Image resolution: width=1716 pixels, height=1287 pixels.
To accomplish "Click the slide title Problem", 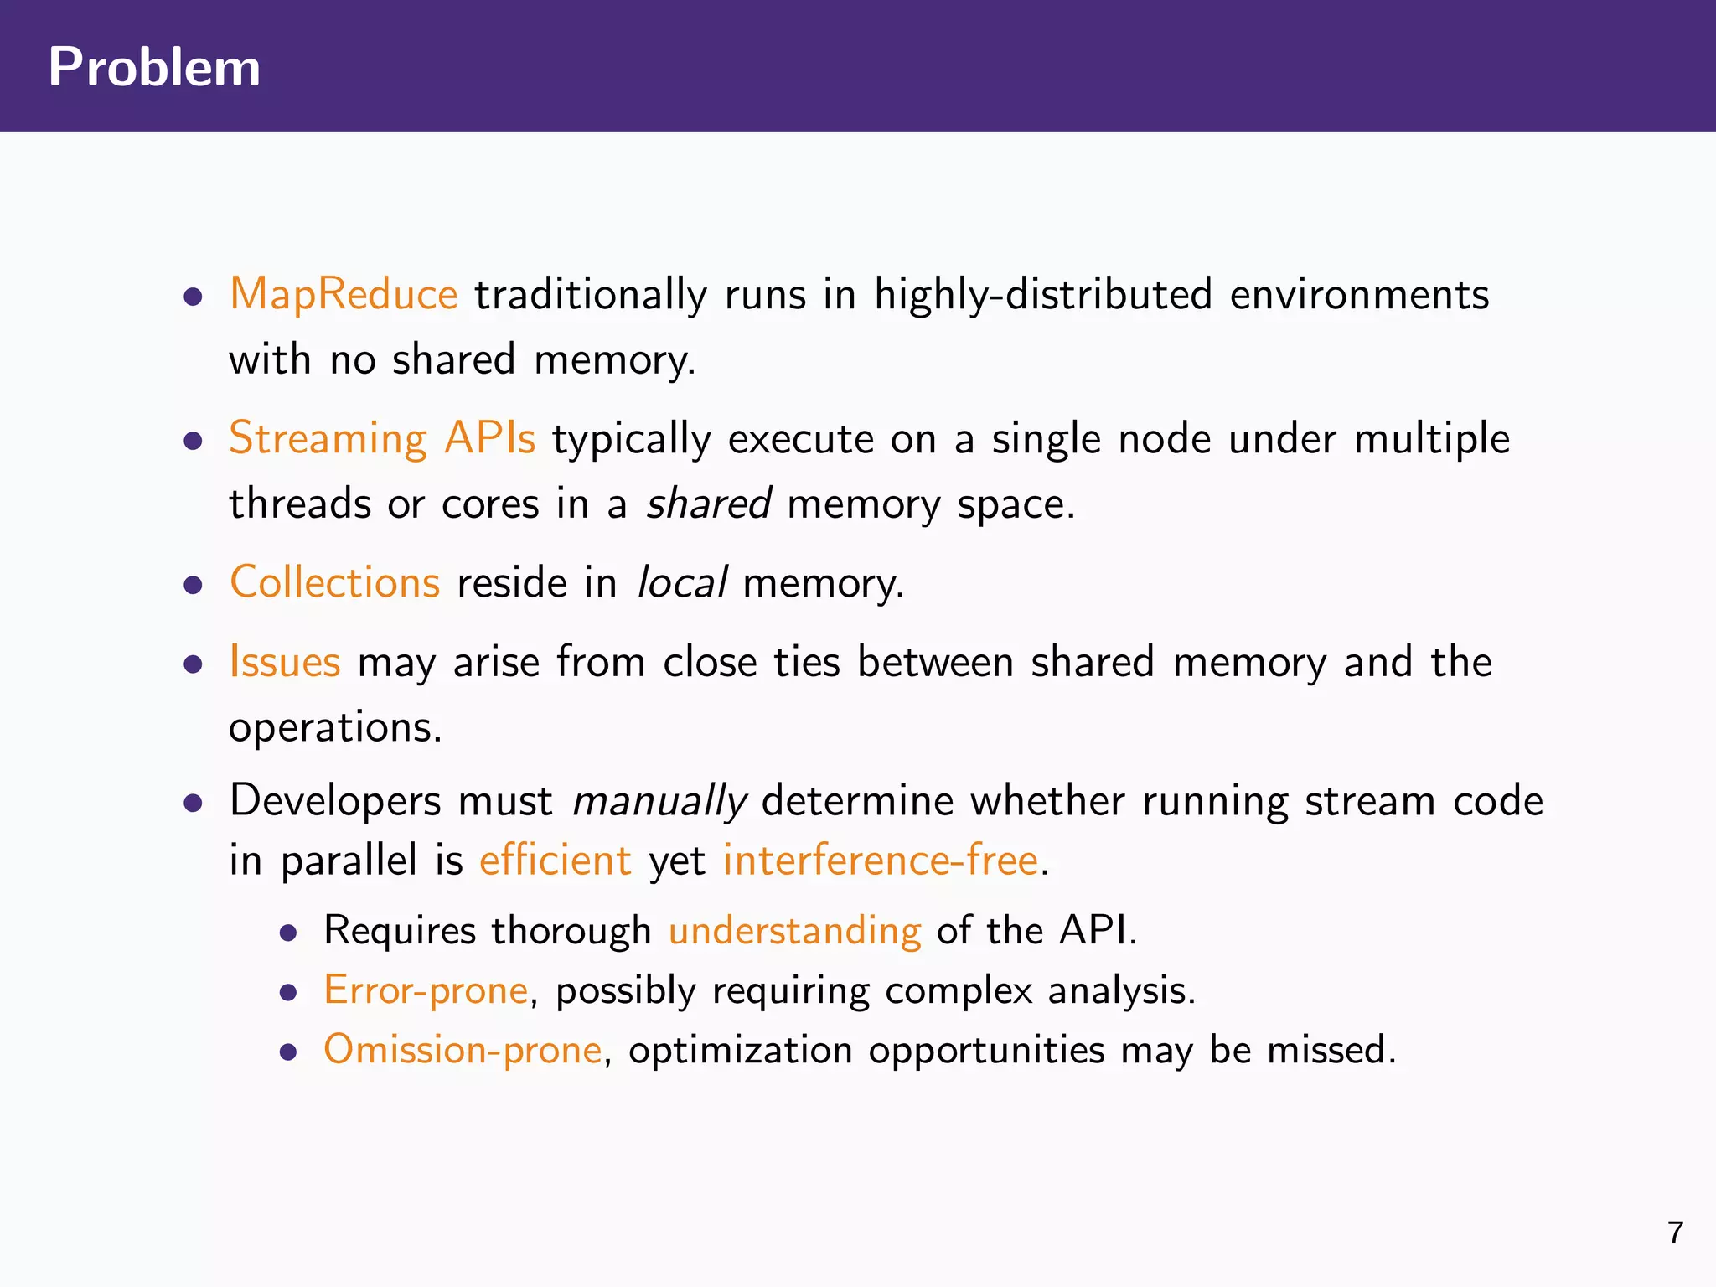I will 154,67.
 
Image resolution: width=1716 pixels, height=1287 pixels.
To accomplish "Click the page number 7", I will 1675,1233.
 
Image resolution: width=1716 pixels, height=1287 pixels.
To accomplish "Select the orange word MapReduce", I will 344,295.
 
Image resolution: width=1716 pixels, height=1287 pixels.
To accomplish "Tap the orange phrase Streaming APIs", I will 382,438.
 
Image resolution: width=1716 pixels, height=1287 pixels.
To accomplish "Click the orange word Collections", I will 334,582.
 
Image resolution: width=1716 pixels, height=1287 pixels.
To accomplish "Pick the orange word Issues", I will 285,662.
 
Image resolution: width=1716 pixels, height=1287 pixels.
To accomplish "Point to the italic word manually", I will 659,801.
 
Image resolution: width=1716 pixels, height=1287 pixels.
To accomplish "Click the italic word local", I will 682,582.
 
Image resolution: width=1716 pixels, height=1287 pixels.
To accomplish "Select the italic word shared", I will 709,504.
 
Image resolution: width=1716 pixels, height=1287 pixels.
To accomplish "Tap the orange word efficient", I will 555,861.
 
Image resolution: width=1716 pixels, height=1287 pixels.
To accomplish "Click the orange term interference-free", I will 881,861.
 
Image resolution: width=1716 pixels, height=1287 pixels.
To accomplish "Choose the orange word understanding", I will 794,931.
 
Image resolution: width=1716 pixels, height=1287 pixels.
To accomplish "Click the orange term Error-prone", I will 426,990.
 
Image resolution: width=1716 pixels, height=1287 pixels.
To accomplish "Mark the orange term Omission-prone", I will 463,1050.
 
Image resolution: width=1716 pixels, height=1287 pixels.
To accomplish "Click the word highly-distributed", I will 1043,295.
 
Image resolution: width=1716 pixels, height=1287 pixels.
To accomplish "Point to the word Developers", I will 335,801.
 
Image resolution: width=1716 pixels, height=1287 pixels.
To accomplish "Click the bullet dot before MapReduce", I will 194,297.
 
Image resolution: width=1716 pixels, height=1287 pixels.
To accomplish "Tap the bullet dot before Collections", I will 194,584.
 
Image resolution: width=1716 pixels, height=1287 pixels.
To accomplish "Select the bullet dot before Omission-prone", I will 289,1052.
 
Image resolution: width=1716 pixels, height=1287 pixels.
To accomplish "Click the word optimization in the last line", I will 740,1050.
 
